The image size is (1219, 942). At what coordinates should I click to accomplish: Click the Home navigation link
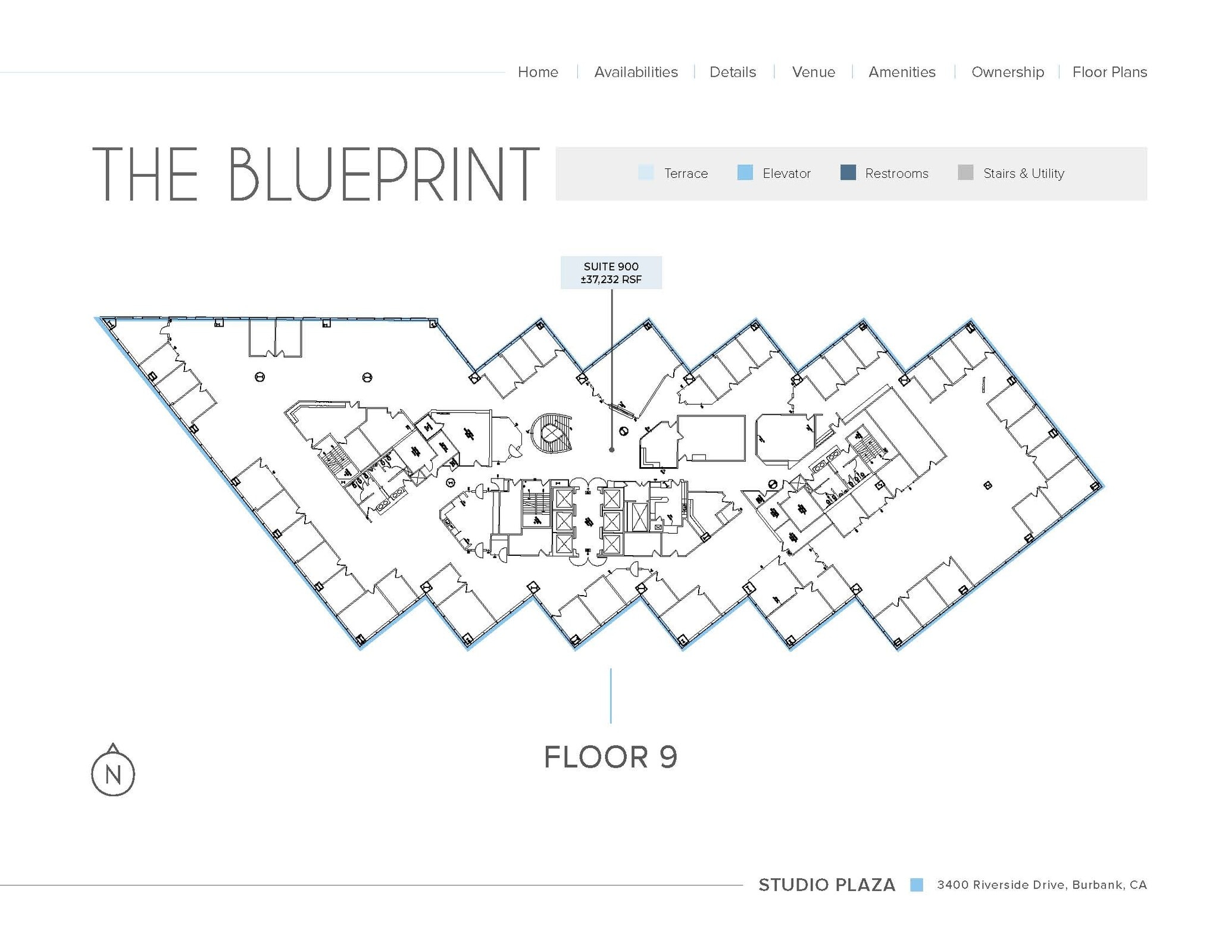537,72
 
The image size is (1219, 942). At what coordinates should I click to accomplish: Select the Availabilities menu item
636,72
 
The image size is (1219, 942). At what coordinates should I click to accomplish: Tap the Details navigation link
732,72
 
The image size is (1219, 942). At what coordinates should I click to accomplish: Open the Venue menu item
813,72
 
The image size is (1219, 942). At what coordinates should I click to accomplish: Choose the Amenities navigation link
902,72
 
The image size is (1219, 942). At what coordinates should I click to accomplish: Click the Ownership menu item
1007,72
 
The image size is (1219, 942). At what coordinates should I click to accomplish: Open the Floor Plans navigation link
1109,72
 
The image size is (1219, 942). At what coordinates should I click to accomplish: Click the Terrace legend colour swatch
646,173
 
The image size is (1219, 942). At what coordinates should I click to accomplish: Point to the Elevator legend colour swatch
745,173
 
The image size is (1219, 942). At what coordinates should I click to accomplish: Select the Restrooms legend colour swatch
848,173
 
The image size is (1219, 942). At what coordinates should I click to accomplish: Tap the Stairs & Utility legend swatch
965,173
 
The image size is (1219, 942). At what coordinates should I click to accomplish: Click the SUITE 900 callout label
611,273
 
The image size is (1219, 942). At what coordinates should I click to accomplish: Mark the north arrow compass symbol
113,772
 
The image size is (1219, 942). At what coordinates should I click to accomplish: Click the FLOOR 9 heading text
611,757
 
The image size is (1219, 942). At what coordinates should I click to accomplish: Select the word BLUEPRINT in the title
383,174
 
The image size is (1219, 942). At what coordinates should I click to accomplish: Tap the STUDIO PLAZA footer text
826,885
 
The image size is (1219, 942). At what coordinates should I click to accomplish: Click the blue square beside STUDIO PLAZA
916,885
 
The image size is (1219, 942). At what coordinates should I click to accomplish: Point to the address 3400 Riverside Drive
1042,885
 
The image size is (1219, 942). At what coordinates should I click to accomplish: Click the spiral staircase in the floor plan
552,433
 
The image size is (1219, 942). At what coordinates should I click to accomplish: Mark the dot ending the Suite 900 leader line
611,450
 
